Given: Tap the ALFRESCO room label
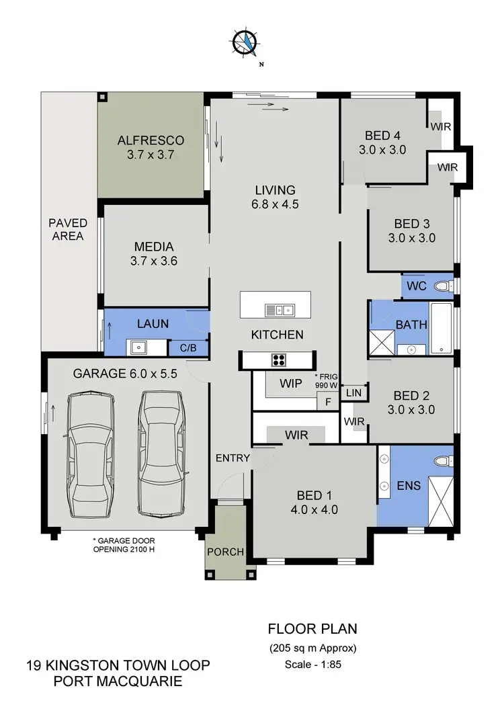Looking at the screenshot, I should pos(151,147).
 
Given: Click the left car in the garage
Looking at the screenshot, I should pos(89,455).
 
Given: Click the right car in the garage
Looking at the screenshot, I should pos(161,455).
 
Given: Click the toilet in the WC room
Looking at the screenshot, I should pos(442,286).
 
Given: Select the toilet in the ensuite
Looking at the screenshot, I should pos(441,462).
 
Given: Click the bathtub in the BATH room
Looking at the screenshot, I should pos(442,329).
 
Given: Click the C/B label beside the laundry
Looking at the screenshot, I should pos(187,349).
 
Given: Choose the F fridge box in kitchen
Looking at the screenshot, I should pos(327,401).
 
